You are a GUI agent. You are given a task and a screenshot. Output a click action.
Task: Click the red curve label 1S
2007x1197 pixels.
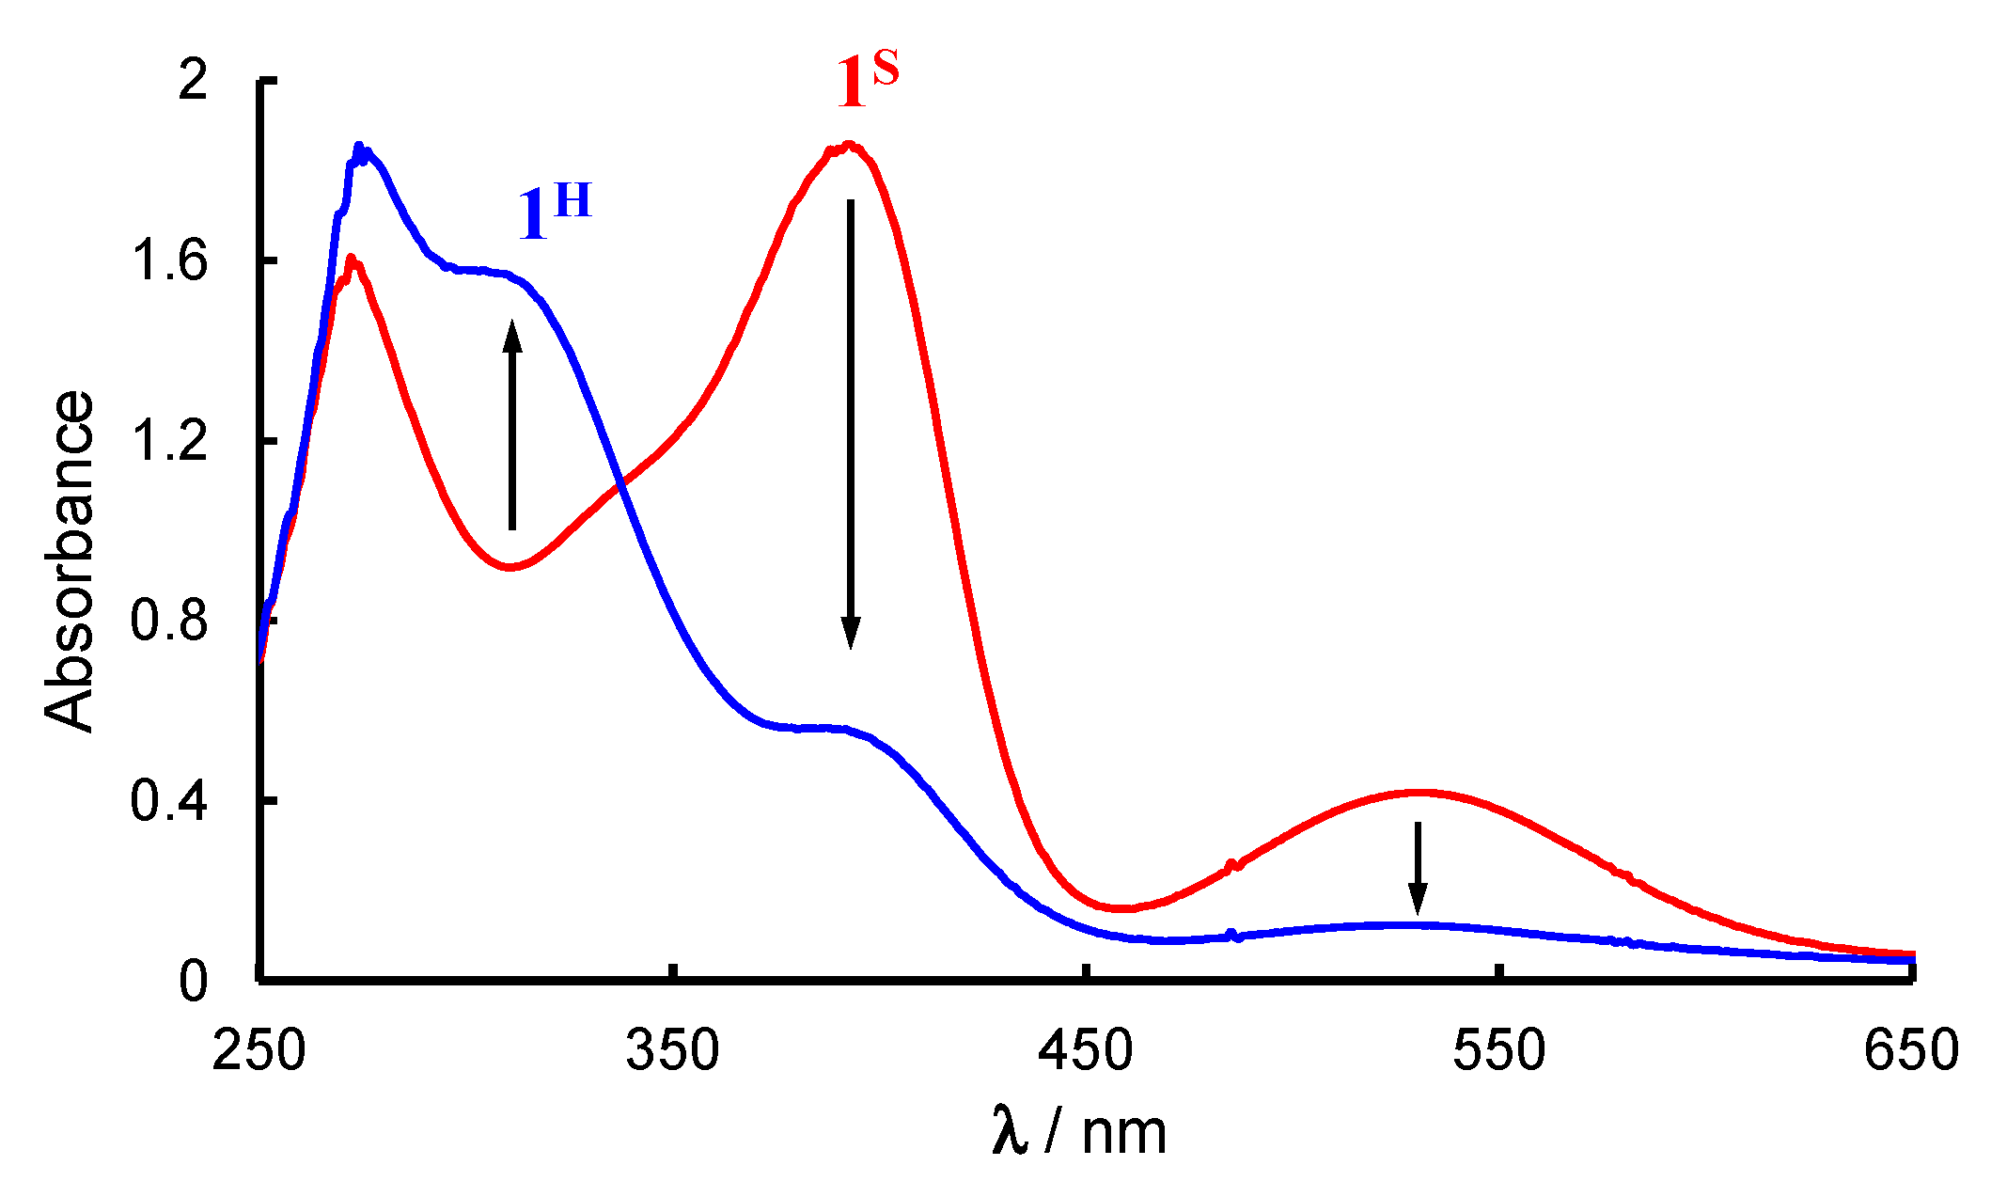867,81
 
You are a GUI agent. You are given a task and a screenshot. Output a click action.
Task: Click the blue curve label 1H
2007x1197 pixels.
555,213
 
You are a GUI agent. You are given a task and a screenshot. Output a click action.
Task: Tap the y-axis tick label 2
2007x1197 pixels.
193,81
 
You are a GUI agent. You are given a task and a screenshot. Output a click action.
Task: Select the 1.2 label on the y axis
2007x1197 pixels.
169,440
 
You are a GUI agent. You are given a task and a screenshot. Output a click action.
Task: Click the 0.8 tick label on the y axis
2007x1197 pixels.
169,621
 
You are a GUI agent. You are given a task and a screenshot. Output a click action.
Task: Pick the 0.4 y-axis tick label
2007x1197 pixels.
169,801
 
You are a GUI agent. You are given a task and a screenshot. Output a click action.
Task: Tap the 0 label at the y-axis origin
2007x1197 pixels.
193,981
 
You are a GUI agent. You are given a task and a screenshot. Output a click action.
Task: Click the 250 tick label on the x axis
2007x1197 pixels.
259,1050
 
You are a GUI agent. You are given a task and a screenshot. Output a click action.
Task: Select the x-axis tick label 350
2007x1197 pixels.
673,1050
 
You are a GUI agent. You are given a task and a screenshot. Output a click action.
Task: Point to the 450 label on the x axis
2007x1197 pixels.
1086,1050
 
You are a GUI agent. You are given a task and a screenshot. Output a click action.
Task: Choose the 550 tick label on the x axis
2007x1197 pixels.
1499,1050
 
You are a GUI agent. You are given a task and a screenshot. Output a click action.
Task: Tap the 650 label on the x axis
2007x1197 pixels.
1911,1050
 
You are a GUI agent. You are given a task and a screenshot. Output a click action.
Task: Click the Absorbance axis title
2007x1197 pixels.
71,560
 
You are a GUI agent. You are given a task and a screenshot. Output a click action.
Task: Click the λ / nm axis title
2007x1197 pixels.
1079,1131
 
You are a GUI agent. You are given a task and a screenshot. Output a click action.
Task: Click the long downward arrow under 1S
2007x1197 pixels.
851,423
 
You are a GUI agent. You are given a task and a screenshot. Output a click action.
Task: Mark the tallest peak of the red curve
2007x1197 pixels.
849,146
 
